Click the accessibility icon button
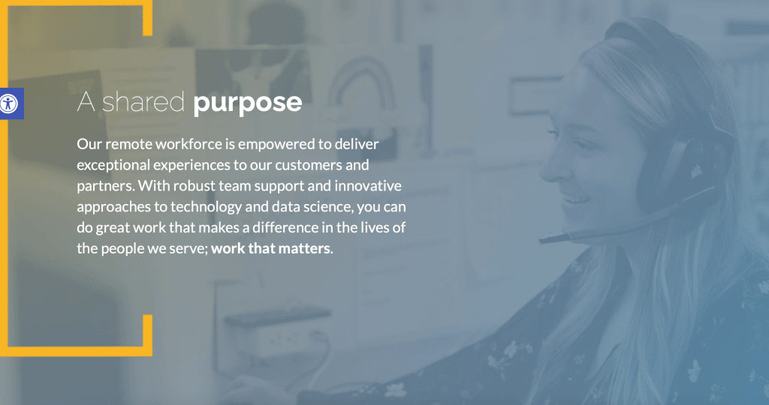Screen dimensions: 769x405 click(10, 103)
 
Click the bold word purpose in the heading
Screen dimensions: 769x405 click(247, 103)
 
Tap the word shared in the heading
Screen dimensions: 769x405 click(143, 102)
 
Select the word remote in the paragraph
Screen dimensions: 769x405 click(129, 144)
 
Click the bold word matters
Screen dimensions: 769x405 click(306, 249)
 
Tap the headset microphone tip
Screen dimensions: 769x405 click(541, 239)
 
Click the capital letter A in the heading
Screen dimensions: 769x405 click(86, 102)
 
